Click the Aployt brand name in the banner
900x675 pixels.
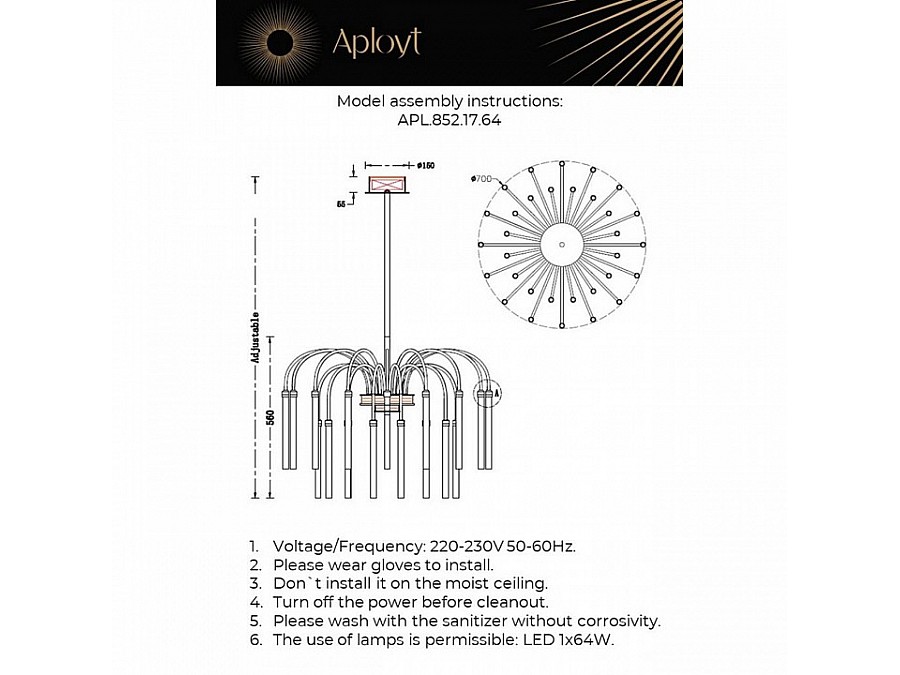coord(376,42)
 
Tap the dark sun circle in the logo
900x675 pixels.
coord(281,42)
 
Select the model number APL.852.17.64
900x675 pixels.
coord(449,119)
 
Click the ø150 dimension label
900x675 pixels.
coord(425,165)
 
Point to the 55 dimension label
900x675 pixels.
coord(341,203)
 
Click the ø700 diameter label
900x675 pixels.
coord(481,179)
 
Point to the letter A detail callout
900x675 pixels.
coord(497,395)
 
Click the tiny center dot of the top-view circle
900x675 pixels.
coord(561,244)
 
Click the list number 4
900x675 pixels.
coord(255,602)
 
